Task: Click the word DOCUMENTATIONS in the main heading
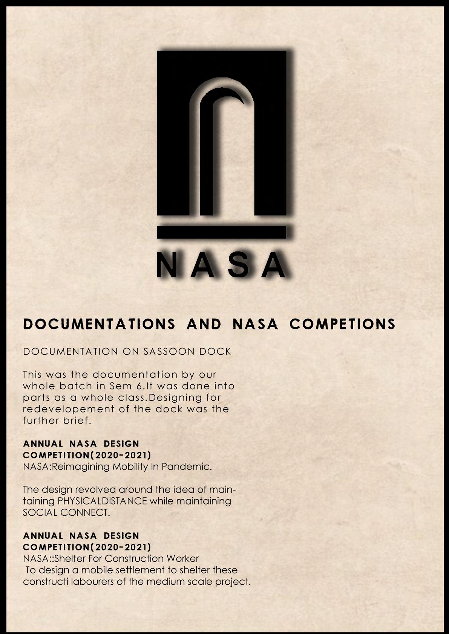(99, 324)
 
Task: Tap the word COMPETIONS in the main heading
(342, 324)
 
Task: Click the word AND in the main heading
(202, 324)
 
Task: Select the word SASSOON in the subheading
(168, 352)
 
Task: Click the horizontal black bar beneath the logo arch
(221, 232)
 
